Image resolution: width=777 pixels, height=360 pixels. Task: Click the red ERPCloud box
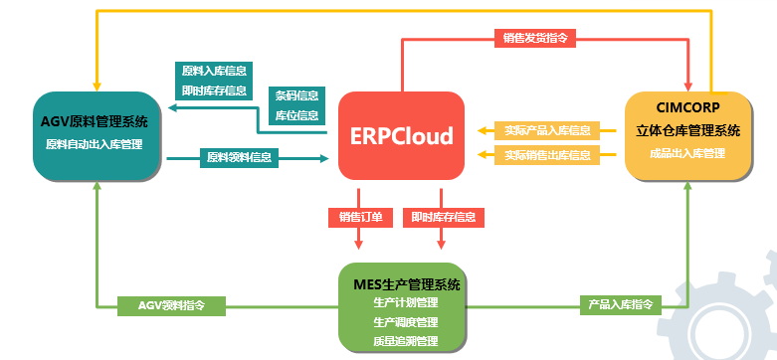(x=401, y=135)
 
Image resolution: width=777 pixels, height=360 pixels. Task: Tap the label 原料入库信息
(x=214, y=71)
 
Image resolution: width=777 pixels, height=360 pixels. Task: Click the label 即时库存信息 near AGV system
(x=214, y=90)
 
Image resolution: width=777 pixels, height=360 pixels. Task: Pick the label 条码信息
(x=296, y=96)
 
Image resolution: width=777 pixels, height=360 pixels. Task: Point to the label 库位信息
(x=296, y=116)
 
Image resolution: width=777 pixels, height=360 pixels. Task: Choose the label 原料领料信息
(x=240, y=156)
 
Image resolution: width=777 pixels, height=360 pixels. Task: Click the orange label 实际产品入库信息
(x=546, y=130)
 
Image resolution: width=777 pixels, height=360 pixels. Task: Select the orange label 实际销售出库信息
(x=546, y=154)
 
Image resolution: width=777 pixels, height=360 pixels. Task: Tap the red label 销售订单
(x=360, y=217)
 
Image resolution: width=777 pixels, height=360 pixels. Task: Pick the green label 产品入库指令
(x=621, y=304)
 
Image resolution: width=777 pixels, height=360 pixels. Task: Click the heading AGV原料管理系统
(x=95, y=123)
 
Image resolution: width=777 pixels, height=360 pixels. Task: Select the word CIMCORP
(x=688, y=106)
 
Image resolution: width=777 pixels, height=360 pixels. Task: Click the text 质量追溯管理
(x=406, y=341)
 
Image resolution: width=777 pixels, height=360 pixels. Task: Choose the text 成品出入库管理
(x=688, y=153)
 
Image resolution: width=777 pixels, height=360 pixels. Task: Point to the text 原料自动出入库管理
(x=95, y=145)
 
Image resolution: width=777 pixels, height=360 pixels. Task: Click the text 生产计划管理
(x=406, y=303)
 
